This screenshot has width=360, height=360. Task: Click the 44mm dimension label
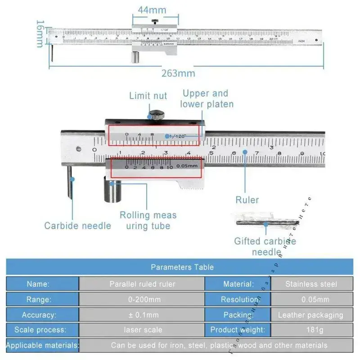coord(152,9)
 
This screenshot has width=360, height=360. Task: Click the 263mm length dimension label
coord(178,73)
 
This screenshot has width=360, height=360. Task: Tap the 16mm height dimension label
coord(40,33)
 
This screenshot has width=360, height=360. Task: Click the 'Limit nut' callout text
coord(148,95)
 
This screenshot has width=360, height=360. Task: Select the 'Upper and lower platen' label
coord(207,99)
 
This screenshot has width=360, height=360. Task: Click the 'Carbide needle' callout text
coord(77,225)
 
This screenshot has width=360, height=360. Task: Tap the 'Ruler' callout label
coord(247,200)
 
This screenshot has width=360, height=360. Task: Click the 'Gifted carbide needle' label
coord(265,246)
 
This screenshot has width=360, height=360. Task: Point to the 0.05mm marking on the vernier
coord(187,166)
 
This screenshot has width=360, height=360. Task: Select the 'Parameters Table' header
coord(182,267)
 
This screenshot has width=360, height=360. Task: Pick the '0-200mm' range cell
coord(142,299)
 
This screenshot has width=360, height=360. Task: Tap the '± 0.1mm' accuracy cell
coord(142,315)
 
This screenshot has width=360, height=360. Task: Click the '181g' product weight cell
coord(315,330)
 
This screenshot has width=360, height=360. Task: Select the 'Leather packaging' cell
coord(310,315)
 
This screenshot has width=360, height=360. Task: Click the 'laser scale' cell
coord(142,330)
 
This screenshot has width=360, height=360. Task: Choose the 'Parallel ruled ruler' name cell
coord(142,284)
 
